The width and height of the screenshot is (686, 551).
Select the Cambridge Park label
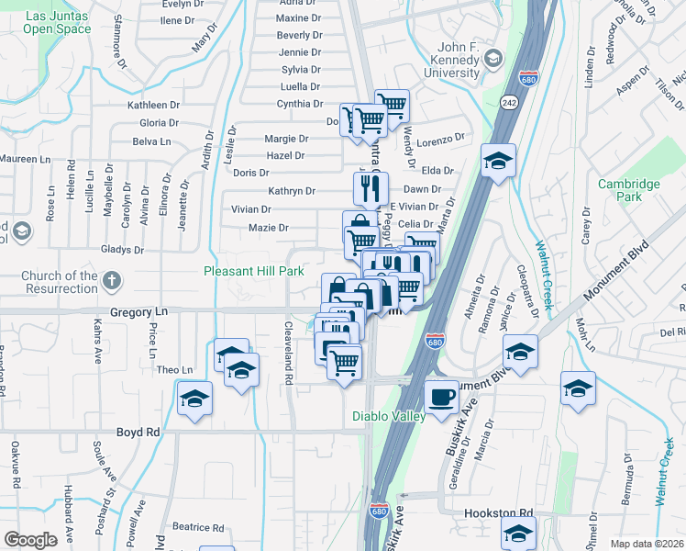point(628,190)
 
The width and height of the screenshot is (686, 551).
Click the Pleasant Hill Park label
point(252,272)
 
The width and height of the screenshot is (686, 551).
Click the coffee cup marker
point(442,396)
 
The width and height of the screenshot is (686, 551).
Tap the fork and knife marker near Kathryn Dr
point(371,189)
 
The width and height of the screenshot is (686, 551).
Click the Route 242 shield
point(507,103)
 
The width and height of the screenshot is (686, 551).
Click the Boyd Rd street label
point(138,432)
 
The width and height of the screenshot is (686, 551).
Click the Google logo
point(30,540)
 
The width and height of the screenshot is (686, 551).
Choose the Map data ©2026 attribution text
point(647,544)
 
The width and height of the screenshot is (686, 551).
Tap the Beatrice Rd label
point(198,527)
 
